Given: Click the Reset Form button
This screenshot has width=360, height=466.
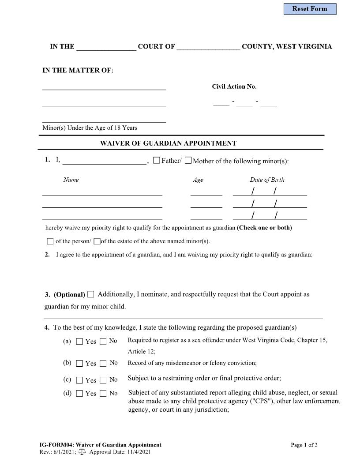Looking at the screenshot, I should click(x=310, y=9).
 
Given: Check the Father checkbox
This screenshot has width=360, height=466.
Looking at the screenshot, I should click(x=157, y=160).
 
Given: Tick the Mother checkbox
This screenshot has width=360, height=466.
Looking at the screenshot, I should click(x=188, y=160).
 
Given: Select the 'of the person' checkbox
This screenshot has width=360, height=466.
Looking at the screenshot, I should click(x=50, y=241).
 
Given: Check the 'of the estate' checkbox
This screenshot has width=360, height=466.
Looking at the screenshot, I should click(x=97, y=241).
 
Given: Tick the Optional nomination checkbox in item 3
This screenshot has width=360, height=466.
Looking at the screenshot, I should click(x=91, y=294).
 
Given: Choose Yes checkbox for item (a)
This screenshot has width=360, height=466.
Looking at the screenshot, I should click(x=79, y=341).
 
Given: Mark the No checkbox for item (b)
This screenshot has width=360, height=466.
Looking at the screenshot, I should click(x=103, y=363).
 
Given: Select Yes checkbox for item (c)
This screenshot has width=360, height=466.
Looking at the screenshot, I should click(x=79, y=380).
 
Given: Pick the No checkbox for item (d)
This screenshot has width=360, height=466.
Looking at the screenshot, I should click(x=103, y=394).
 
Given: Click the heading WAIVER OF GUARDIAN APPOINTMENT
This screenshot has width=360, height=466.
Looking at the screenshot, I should click(x=168, y=143).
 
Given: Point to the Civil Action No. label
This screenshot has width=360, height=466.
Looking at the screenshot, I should click(x=234, y=86).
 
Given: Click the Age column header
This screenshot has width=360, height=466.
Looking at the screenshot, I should click(x=198, y=180).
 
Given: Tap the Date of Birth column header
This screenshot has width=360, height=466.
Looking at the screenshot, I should click(x=267, y=180).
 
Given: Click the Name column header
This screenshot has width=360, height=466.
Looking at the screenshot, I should click(x=71, y=180).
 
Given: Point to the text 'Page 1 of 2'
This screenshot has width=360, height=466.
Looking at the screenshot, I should click(x=304, y=445).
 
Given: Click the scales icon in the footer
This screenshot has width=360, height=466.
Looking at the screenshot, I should click(x=82, y=452).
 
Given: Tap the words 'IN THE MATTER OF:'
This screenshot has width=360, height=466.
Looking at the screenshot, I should click(x=78, y=71).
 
